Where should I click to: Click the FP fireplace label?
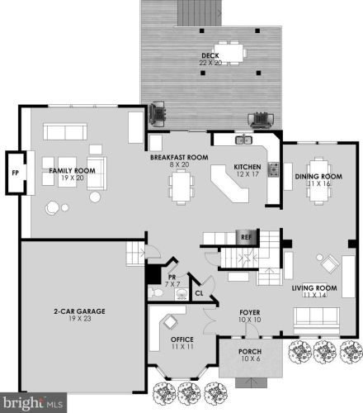point(16,173)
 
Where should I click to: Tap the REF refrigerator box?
point(247,237)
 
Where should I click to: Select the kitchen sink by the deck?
point(244,140)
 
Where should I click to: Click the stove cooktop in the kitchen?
point(274,169)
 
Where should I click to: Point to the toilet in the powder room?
point(154,292)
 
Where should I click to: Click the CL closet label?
point(199,293)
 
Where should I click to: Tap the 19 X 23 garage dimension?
point(80,319)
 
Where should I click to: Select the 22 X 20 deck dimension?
point(210,63)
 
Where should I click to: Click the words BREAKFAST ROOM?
point(179,158)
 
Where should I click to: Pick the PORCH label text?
point(250,352)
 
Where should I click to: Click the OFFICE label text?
point(182,339)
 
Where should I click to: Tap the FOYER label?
point(250,312)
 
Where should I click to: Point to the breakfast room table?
point(181,187)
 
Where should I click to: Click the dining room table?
point(318,181)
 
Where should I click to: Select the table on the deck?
point(231,52)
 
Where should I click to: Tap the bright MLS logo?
point(33,403)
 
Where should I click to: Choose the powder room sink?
point(181,294)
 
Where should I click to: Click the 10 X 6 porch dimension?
point(250,358)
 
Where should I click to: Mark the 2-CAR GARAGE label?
point(79,311)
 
